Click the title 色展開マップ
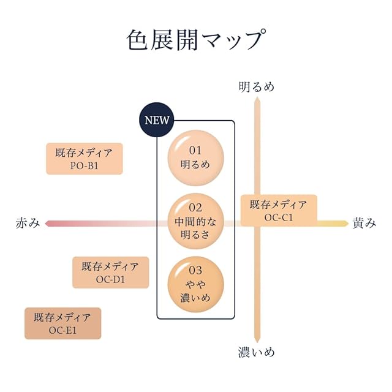[195, 40]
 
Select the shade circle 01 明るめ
[195, 157]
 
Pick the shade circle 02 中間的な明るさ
[195, 221]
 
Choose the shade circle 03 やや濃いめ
[195, 284]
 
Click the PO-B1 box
[85, 159]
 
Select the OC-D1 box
[110, 273]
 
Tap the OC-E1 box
[62, 323]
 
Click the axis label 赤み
[28, 224]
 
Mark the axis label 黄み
[364, 224]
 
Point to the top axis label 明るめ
[257, 86]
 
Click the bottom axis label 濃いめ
[257, 352]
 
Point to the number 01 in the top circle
[195, 150]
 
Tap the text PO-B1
[85, 165]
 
